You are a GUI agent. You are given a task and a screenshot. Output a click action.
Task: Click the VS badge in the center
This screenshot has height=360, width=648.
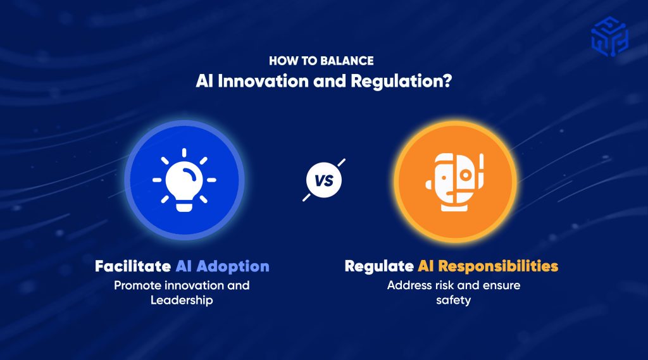pyautogui.click(x=324, y=180)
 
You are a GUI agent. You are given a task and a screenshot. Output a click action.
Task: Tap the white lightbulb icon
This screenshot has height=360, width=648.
pyautogui.click(x=184, y=180)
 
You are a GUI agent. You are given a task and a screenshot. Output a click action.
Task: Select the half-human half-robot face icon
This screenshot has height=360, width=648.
pyautogui.click(x=454, y=182)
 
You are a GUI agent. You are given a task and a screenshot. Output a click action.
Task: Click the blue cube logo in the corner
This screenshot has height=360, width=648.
pyautogui.click(x=609, y=36)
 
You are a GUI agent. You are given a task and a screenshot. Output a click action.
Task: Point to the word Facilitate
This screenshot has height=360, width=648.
pyautogui.click(x=133, y=266)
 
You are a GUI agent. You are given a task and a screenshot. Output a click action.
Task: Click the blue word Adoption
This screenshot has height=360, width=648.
pyautogui.click(x=233, y=266)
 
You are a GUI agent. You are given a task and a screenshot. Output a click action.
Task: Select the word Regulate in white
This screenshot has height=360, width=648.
pyautogui.click(x=379, y=266)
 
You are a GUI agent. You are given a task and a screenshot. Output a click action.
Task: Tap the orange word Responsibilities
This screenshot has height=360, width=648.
pyautogui.click(x=498, y=266)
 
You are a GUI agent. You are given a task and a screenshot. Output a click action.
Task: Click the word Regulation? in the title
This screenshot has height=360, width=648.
pyautogui.click(x=401, y=82)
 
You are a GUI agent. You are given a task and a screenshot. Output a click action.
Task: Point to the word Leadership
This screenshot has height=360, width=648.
pyautogui.click(x=182, y=301)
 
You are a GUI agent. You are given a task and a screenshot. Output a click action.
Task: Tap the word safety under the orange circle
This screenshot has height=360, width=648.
pyautogui.click(x=453, y=300)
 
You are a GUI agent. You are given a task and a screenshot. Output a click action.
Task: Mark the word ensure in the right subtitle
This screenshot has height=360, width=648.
pyautogui.click(x=501, y=285)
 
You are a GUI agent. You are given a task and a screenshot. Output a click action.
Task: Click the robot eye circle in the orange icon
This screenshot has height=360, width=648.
pyautogui.click(x=466, y=175)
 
